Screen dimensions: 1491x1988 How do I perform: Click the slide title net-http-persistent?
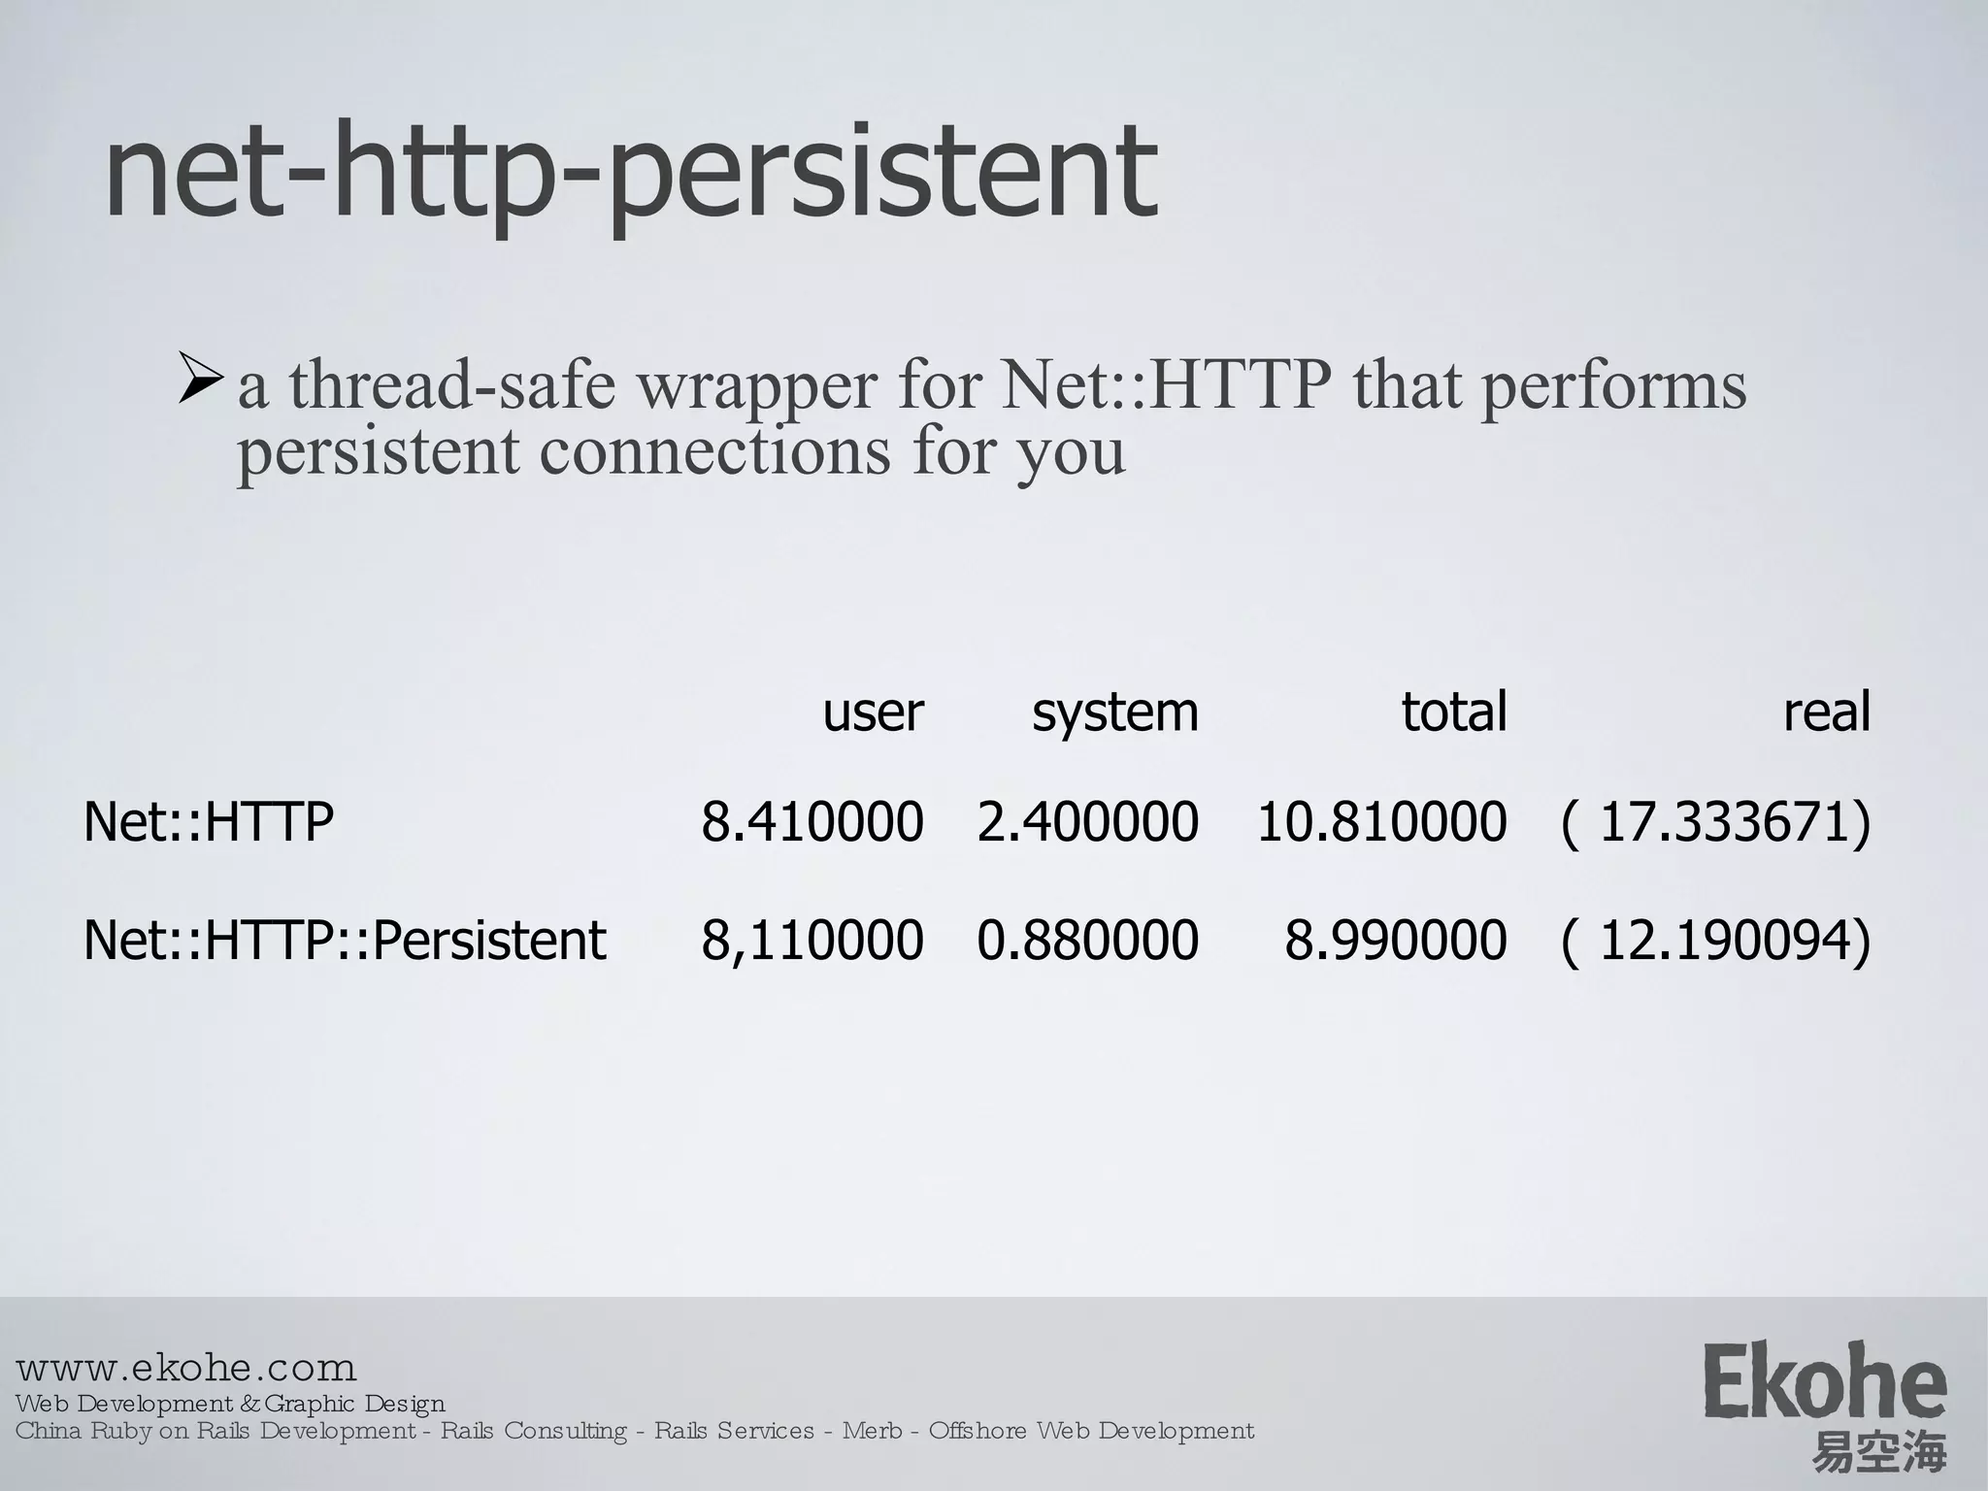tap(631, 175)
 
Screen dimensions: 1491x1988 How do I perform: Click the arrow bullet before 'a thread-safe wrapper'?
tap(202, 381)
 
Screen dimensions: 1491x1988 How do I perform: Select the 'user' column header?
tap(873, 712)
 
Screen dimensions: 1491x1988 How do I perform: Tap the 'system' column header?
tap(1114, 713)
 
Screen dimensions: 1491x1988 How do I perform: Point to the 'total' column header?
tap(1453, 712)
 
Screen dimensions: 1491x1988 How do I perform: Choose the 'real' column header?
tap(1826, 712)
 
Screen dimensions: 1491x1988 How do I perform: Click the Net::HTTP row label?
tap(209, 822)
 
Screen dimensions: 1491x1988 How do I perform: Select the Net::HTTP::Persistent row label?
tap(345, 940)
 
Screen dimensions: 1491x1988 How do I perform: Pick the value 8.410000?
tap(812, 822)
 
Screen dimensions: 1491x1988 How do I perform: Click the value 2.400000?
tap(1087, 822)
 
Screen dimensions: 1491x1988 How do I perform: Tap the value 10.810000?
tap(1381, 822)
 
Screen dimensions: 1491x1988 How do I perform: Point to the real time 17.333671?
tap(1716, 822)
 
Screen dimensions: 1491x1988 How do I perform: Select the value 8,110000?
tap(812, 940)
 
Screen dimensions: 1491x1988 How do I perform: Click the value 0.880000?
tap(1087, 940)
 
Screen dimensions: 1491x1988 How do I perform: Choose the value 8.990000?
tap(1395, 940)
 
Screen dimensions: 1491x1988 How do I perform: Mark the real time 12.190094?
tap(1716, 940)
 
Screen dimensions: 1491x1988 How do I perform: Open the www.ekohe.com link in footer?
tap(186, 1369)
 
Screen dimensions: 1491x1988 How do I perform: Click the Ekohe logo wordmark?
tap(1824, 1381)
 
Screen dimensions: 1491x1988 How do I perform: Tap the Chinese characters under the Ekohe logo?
tap(1879, 1453)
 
